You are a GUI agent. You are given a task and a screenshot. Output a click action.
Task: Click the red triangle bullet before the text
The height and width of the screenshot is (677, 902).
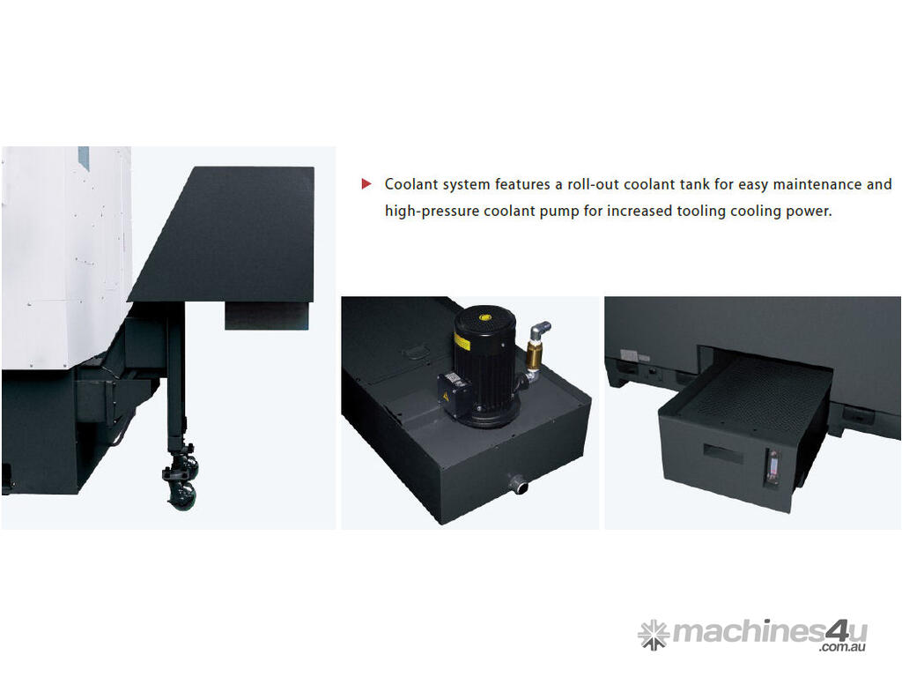coord(366,184)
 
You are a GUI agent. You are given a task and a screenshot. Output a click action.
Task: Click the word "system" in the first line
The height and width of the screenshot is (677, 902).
coord(466,185)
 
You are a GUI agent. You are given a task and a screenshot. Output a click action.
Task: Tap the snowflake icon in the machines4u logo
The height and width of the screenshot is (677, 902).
coord(654,635)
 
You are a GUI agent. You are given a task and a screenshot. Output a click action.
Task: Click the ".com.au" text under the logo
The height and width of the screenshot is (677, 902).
coord(843,647)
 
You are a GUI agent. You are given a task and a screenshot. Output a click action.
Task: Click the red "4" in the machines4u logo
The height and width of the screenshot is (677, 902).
coord(835,631)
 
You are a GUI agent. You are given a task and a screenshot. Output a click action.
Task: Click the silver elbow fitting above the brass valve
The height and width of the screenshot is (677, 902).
coord(540,331)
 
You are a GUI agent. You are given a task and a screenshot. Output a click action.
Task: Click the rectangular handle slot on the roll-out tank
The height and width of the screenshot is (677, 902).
coord(722,453)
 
